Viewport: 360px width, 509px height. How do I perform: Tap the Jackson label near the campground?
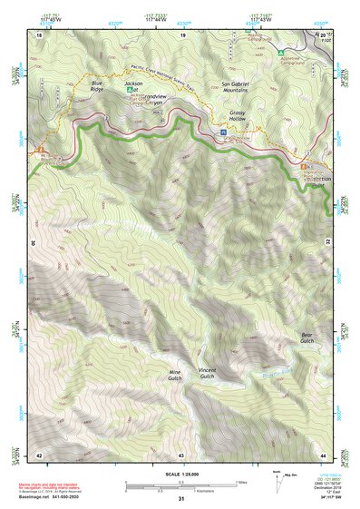pyautogui.click(x=134, y=83)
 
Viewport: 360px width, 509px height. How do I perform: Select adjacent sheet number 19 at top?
pyautogui.click(x=182, y=34)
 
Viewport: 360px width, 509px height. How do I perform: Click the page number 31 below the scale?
pyautogui.click(x=181, y=498)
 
